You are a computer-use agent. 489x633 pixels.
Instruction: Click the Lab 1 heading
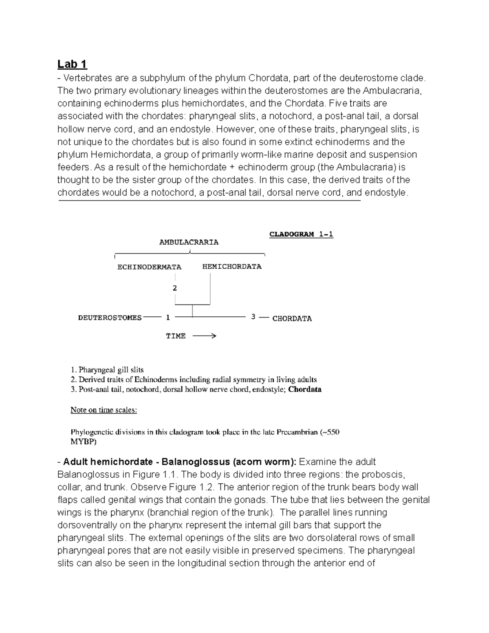72,64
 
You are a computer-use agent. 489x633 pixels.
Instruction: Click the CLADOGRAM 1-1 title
301,234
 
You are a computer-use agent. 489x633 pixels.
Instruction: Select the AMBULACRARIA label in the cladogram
189,242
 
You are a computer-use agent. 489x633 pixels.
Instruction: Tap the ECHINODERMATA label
149,267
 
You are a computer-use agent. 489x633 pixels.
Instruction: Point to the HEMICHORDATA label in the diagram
232,267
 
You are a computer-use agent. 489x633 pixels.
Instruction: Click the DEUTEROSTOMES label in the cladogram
110,318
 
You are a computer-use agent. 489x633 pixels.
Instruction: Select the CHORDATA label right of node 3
292,318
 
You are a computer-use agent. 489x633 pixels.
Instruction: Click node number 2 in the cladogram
175,288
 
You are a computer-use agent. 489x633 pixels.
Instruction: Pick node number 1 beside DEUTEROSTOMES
167,318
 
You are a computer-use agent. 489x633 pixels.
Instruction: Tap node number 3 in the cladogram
253,317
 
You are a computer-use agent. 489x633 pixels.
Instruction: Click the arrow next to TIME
204,336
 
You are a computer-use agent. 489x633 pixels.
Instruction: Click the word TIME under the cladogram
176,336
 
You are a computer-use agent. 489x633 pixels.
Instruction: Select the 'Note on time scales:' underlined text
104,410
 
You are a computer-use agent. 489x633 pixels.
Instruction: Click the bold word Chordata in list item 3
304,389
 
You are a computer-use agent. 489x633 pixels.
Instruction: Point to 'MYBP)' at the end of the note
84,441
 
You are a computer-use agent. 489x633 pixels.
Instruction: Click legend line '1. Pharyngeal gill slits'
107,370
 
